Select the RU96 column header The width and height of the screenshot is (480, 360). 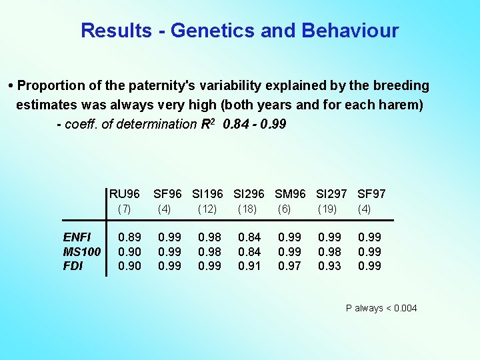(125, 194)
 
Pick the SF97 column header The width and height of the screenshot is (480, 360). (371, 194)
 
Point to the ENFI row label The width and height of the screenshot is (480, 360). (77, 237)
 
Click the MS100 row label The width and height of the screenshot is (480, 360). (82, 251)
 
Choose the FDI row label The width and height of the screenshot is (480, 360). (73, 265)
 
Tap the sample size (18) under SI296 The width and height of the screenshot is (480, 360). (247, 209)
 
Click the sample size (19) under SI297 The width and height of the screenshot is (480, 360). (327, 209)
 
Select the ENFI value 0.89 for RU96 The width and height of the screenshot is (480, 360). (129, 237)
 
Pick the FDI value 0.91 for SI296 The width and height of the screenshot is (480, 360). (249, 265)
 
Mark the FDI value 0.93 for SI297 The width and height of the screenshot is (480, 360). (329, 265)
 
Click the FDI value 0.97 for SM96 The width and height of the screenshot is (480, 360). (289, 265)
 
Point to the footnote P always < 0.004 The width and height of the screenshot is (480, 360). (381, 308)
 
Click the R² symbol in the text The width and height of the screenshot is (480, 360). (207, 123)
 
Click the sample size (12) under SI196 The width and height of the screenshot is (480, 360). (207, 209)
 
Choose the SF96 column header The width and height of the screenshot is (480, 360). (167, 194)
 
